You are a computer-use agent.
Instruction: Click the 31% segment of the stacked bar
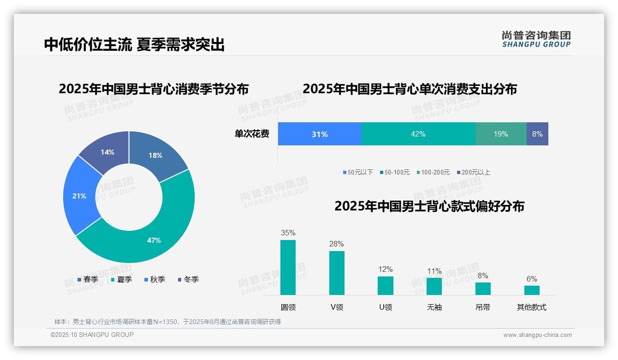320,134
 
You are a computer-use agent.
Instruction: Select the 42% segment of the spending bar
418,134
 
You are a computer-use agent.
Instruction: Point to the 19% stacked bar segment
501,134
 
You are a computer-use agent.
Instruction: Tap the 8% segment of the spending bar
537,134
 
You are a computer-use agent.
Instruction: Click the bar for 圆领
288,267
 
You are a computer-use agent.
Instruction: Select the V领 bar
337,273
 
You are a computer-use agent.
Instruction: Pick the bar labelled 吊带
483,288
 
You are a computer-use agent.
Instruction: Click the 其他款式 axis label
531,307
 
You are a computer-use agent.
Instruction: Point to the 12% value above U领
386,270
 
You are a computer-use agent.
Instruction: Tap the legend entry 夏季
122,280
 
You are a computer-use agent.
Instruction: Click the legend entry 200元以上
474,172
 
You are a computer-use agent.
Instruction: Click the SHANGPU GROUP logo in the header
536,39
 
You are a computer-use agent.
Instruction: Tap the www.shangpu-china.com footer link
537,335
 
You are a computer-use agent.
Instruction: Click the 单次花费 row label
252,134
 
